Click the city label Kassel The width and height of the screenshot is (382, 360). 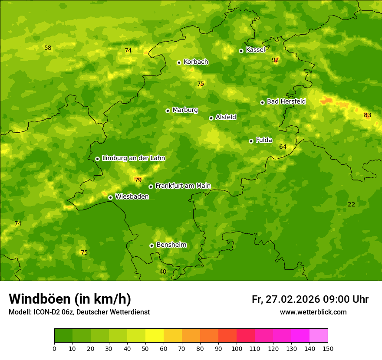[255, 50]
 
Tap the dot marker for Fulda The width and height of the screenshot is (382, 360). [251, 141]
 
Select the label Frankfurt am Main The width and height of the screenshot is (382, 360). [183, 186]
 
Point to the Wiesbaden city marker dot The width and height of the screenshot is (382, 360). [110, 197]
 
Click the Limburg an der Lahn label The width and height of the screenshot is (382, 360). [133, 158]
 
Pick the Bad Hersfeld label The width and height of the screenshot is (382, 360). [286, 101]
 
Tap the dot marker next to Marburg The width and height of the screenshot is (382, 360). [168, 111]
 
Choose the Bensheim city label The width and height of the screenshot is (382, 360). [171, 245]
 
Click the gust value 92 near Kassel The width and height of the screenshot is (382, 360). [275, 60]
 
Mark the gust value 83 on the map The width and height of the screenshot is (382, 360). [368, 115]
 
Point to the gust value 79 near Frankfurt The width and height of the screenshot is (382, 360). [138, 180]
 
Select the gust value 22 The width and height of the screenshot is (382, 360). [351, 204]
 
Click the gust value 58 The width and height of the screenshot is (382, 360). [48, 48]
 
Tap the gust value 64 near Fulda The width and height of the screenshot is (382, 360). [283, 147]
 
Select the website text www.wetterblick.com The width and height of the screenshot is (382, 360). [313, 312]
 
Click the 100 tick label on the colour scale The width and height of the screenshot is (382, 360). [237, 348]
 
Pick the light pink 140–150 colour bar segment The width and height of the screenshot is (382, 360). [319, 336]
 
